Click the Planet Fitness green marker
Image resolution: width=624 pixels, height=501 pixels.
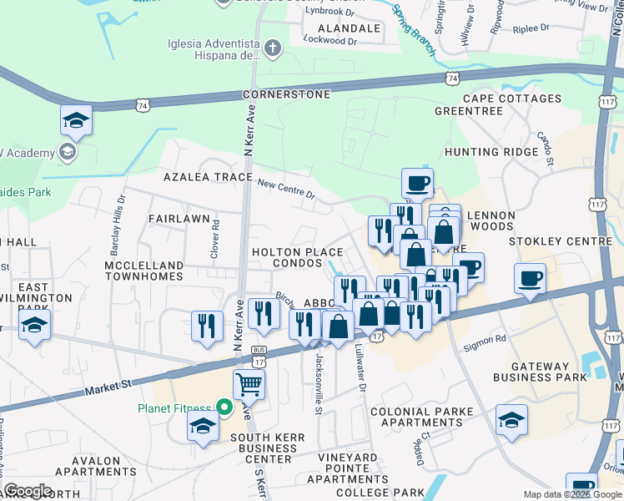(x=224, y=408)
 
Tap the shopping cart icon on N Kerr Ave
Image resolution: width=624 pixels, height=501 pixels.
(x=249, y=386)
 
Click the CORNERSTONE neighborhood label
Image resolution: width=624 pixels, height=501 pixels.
(x=287, y=95)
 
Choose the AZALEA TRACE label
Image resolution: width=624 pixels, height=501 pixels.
(x=208, y=178)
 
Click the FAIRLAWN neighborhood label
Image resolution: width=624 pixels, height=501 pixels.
(x=179, y=218)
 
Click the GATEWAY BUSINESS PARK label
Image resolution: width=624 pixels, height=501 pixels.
(x=551, y=372)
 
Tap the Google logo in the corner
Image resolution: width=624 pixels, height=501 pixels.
(x=28, y=491)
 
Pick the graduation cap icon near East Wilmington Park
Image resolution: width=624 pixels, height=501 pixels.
(x=34, y=325)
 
